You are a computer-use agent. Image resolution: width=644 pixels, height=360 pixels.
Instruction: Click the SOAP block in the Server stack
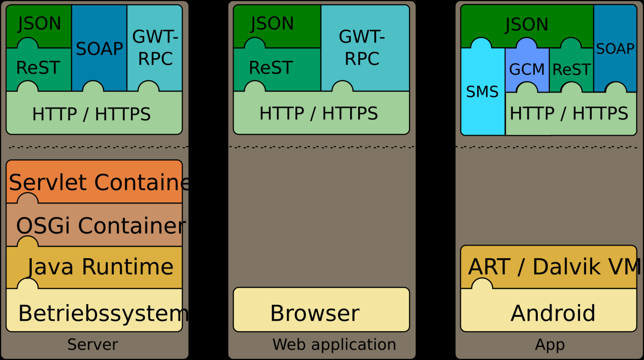pos(99,48)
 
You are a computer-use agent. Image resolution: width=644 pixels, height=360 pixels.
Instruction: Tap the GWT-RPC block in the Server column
pos(154,48)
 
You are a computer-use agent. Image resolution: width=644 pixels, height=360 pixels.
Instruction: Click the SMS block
pos(482,92)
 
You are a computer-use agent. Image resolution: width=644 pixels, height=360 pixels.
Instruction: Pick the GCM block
pos(527,69)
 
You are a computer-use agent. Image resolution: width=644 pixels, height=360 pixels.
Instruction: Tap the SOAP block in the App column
pos(615,48)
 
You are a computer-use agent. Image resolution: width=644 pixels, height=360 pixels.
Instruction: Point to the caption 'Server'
pos(93,344)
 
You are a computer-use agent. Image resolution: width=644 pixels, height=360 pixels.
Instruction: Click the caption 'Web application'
pos(334,344)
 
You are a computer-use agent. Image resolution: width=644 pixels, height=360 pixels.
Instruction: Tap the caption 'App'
pos(549,344)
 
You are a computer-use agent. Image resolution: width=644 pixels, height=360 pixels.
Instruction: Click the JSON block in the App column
pos(526,25)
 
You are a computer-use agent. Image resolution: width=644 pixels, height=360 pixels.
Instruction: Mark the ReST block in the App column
pos(571,69)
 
